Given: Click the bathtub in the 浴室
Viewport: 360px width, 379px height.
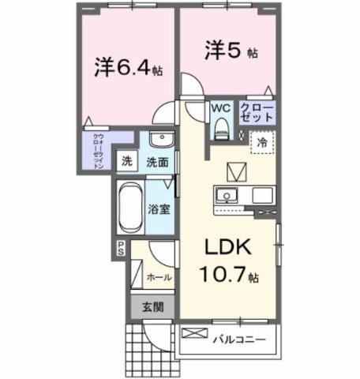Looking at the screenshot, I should (129, 208).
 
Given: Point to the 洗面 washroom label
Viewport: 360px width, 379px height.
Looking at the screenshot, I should (156, 163).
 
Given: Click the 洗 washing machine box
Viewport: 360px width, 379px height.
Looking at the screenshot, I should (126, 162).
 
